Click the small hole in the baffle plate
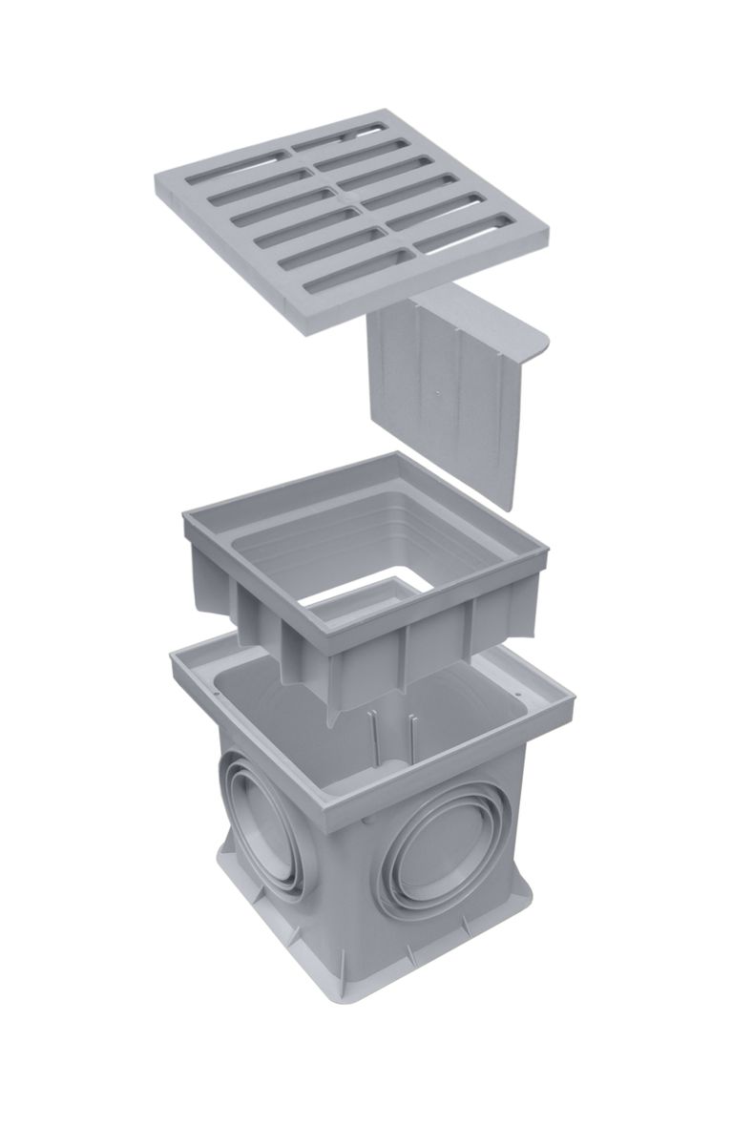tap(436, 390)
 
